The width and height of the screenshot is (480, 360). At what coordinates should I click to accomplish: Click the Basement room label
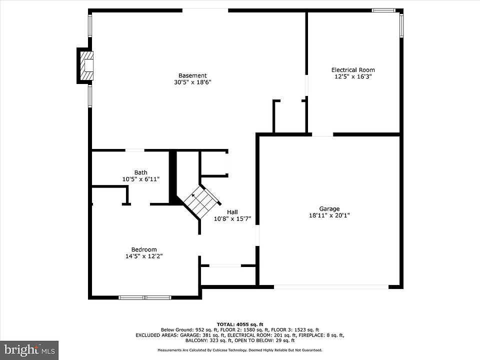coord(192,75)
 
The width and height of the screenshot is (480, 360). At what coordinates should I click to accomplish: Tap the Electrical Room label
coord(353,70)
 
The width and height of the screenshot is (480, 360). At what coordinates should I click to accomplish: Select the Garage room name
coord(329,209)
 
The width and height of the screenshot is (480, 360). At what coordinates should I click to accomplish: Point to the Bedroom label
coord(144,249)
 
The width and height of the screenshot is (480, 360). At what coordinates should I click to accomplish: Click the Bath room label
coord(141,172)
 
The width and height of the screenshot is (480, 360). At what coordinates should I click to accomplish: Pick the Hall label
coord(232,212)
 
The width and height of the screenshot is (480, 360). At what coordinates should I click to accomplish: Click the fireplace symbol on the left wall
coord(85,65)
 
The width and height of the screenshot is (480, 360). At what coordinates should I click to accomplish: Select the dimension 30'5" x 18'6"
coord(193,82)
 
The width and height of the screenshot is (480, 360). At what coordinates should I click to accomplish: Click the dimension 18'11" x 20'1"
coord(329,215)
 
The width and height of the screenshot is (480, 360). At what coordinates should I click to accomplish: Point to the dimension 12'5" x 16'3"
coord(353,76)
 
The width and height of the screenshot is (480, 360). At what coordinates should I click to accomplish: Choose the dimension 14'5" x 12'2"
coord(144,256)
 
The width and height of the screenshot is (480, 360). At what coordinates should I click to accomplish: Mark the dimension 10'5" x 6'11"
coord(141,179)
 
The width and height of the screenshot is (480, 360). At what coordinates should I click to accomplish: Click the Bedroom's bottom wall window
coord(145,297)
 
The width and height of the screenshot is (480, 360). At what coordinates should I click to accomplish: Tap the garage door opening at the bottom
coord(331,287)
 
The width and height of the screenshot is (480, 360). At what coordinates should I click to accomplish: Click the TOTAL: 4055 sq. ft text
coord(240,324)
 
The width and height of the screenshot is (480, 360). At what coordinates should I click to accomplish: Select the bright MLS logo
coord(29,350)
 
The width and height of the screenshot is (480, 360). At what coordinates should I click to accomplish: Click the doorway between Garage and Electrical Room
coord(322,134)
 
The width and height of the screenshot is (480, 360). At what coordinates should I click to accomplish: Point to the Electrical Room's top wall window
coord(383,10)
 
